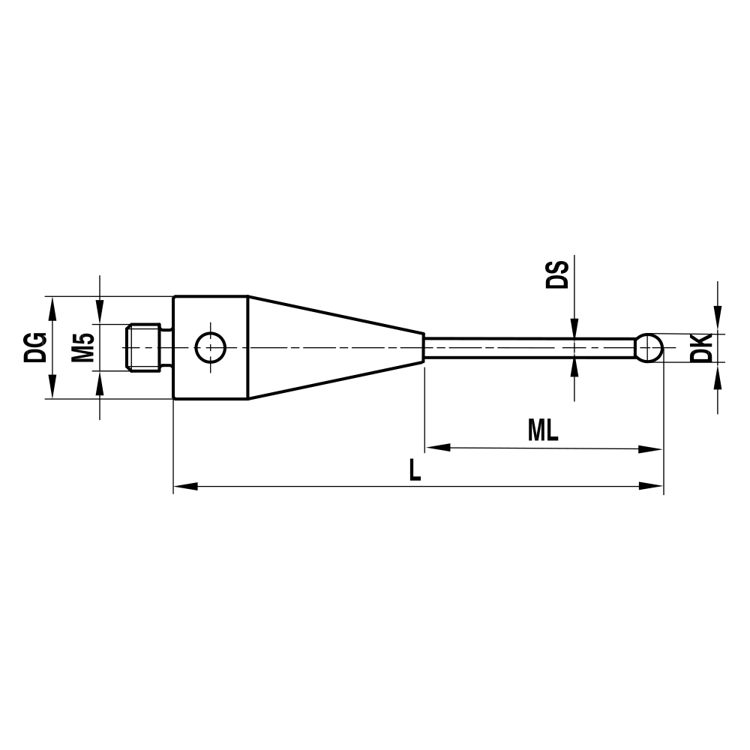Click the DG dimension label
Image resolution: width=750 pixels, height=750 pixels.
pyautogui.click(x=35, y=347)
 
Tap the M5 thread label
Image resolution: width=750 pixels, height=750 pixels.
pyautogui.click(x=82, y=347)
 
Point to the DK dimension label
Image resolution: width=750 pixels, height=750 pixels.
pyautogui.click(x=700, y=348)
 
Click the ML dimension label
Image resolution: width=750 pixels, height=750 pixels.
pyautogui.click(x=543, y=430)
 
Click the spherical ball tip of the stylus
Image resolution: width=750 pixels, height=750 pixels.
pyautogui.click(x=650, y=347)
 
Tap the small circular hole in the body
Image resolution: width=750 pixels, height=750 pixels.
pyautogui.click(x=211, y=347)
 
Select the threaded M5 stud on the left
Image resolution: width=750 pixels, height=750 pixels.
pyautogui.click(x=143, y=347)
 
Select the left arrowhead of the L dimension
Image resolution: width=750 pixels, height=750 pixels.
pyautogui.click(x=184, y=487)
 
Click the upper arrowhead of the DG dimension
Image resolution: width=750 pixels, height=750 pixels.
pyautogui.click(x=52, y=304)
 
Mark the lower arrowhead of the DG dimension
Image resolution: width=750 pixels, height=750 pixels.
pyautogui.click(x=52, y=391)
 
